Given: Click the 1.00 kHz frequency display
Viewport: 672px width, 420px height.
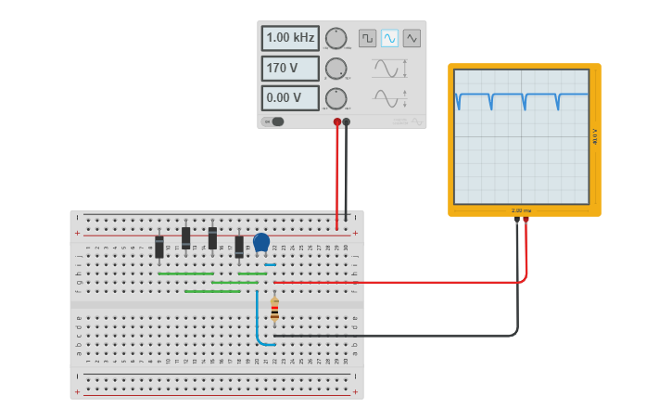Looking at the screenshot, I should coord(290,39).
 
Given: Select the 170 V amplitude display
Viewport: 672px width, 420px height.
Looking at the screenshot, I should coord(290,69).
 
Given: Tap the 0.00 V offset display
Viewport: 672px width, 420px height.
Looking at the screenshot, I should coord(290,98).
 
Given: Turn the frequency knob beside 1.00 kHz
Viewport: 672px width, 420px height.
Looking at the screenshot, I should coord(336,39).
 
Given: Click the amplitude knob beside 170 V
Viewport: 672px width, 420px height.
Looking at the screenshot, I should coord(336,69).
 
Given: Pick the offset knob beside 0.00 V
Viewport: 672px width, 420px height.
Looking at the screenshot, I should coord(336,98).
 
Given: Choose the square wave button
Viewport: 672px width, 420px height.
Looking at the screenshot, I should coord(368,38).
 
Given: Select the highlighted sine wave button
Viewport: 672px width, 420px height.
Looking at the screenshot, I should coord(390,38).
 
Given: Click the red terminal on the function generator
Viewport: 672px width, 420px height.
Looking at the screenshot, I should coord(337,121).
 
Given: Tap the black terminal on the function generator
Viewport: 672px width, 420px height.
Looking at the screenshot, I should coord(347,121).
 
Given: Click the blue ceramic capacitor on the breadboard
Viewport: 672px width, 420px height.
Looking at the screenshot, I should coord(261,242).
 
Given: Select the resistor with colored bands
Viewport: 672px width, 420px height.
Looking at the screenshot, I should coord(274,310).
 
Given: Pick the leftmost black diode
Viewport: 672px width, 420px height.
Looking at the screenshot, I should coord(159,247).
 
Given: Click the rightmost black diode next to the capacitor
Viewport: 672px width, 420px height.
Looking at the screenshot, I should coord(239,246).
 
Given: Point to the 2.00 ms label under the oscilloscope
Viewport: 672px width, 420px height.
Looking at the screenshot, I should coord(521,211).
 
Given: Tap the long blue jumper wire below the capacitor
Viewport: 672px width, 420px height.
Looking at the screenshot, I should coord(258,320).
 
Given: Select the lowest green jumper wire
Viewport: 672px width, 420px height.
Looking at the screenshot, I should coord(212,291).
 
